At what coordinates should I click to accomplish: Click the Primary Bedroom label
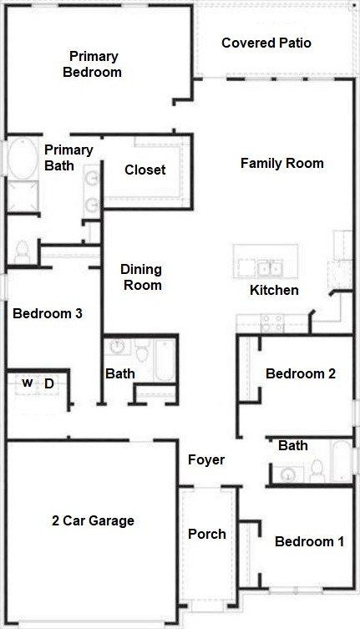tap(94, 64)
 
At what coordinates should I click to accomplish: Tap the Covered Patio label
tap(266, 43)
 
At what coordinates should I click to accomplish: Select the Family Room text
tap(281, 163)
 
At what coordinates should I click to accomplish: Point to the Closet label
tap(145, 170)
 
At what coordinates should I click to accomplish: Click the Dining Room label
tap(141, 277)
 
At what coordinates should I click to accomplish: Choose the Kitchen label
tap(274, 291)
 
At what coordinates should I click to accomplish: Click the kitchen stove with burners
tap(272, 322)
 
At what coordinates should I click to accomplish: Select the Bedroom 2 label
tap(300, 373)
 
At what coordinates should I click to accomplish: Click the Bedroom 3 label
tap(47, 314)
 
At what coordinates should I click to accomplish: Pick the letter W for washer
tap(27, 383)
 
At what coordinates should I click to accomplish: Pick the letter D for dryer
tap(48, 383)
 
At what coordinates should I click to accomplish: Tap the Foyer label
tap(205, 459)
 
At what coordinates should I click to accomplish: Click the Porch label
tap(206, 534)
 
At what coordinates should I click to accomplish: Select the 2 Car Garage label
tap(92, 520)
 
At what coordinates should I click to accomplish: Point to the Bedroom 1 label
tap(309, 541)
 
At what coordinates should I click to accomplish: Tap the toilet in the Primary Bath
tap(23, 249)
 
